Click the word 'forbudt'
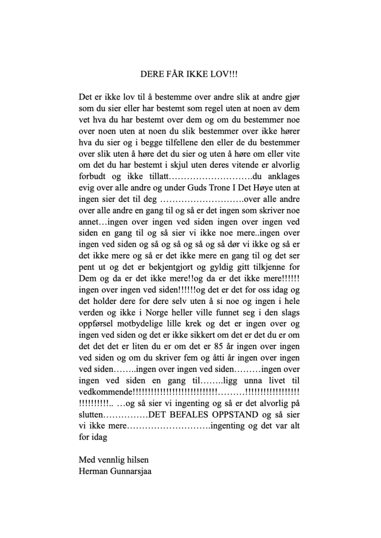point(92,177)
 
